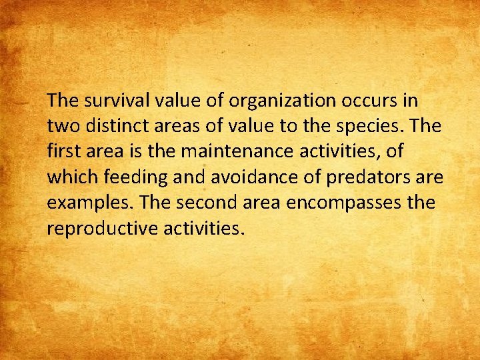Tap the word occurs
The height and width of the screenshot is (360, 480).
coord(361,101)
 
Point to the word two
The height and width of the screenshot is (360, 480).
coord(61,126)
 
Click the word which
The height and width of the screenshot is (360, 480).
coord(69,177)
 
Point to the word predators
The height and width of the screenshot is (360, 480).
coord(365,177)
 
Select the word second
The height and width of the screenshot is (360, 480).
coord(212,203)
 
